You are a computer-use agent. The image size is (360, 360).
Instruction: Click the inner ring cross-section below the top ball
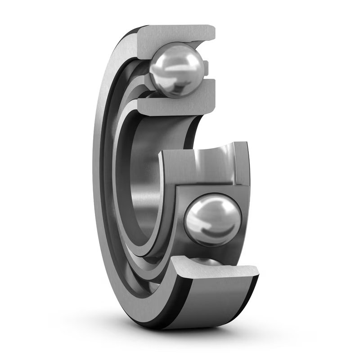[180, 103]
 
